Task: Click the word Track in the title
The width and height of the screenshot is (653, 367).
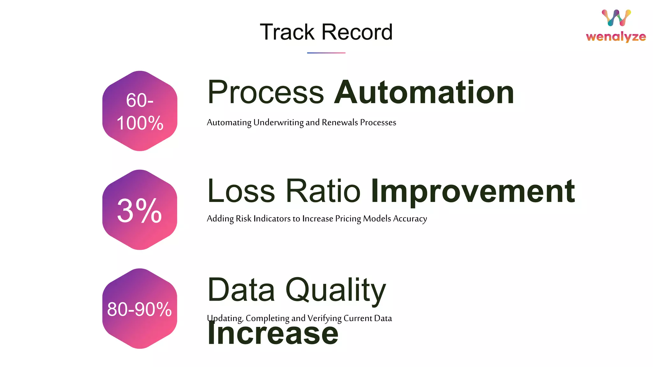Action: coord(287,32)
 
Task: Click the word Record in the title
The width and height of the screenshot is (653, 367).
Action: coord(357,32)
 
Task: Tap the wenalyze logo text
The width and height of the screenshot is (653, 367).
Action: coord(616,37)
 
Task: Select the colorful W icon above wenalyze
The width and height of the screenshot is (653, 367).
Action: coord(616,18)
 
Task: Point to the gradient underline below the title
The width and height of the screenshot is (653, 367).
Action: coord(326,53)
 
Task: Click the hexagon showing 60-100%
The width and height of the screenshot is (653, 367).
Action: coord(140,111)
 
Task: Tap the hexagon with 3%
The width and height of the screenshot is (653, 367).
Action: coord(140,210)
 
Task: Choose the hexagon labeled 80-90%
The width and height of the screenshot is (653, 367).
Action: coord(140,308)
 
